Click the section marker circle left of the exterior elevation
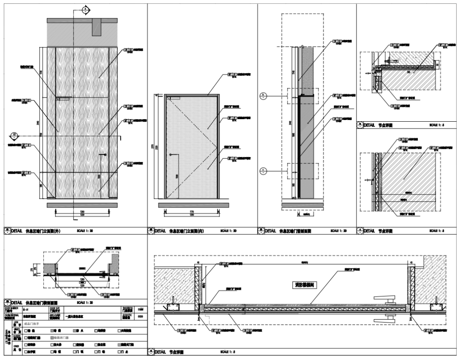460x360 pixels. [x=14, y=136]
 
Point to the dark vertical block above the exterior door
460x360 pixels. [x=98, y=27]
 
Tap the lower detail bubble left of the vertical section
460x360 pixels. [x=264, y=171]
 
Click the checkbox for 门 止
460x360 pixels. [x=121, y=352]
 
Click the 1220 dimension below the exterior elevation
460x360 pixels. [x=81, y=215]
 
